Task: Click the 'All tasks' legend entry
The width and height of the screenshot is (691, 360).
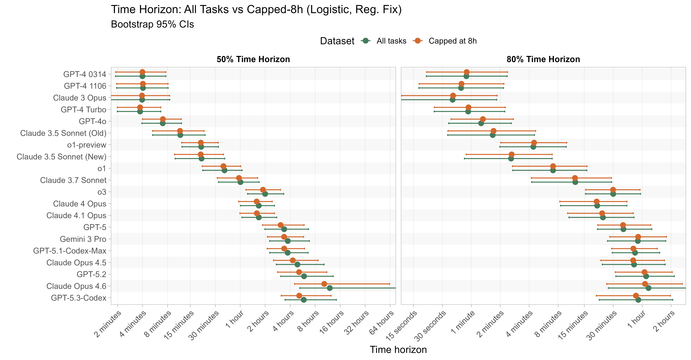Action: click(x=391, y=41)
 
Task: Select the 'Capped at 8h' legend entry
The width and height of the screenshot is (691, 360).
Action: click(x=452, y=41)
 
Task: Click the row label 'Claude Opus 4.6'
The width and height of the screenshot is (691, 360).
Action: click(x=76, y=286)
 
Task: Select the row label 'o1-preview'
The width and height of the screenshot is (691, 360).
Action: click(x=87, y=145)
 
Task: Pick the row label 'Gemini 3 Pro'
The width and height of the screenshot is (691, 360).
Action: click(x=83, y=239)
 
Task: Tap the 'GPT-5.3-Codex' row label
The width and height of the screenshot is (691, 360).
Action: click(x=79, y=298)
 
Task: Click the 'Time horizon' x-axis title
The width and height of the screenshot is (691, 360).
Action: click(x=398, y=350)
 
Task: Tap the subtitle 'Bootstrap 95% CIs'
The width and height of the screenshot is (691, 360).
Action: click(x=152, y=24)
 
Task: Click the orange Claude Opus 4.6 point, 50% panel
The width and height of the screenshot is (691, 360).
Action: click(x=324, y=284)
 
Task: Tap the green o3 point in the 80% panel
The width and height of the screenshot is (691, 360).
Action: click(x=613, y=194)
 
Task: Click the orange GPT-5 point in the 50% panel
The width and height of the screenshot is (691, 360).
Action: click(x=280, y=225)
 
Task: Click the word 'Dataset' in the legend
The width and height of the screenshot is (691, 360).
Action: click(x=337, y=41)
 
